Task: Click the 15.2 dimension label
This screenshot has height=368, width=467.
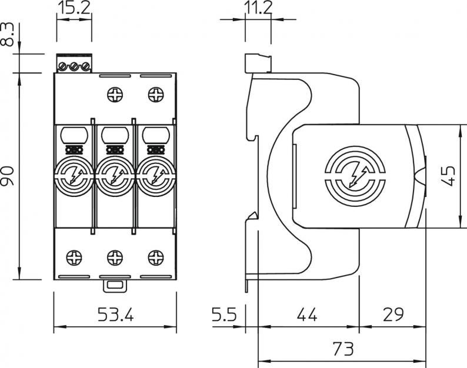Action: coord(74,8)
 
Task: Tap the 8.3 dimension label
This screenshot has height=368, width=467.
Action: coord(8,35)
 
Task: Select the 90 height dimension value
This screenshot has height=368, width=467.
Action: coord(8,176)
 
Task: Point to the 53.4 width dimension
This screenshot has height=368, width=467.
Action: coord(116,314)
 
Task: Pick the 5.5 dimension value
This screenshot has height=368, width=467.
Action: coord(224,314)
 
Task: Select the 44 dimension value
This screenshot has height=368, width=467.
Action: coord(307,314)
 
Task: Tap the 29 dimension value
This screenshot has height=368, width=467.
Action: coord(393,314)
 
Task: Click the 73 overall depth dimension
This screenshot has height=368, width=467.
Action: coord(343,349)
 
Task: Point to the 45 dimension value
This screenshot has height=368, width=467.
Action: coord(449,176)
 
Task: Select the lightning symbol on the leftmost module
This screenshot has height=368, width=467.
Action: coord(74,176)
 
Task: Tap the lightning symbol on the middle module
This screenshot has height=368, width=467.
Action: coord(115,176)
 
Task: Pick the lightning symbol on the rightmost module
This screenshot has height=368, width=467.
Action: coord(156,176)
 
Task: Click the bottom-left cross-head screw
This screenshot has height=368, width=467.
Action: coord(74,257)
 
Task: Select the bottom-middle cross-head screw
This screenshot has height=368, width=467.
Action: coord(115,257)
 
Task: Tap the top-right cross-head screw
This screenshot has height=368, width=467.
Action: coord(156,95)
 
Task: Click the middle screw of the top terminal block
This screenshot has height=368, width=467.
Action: coord(74,66)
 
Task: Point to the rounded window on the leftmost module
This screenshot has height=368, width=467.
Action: coord(74,135)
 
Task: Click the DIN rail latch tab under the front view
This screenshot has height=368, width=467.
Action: coord(115,286)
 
